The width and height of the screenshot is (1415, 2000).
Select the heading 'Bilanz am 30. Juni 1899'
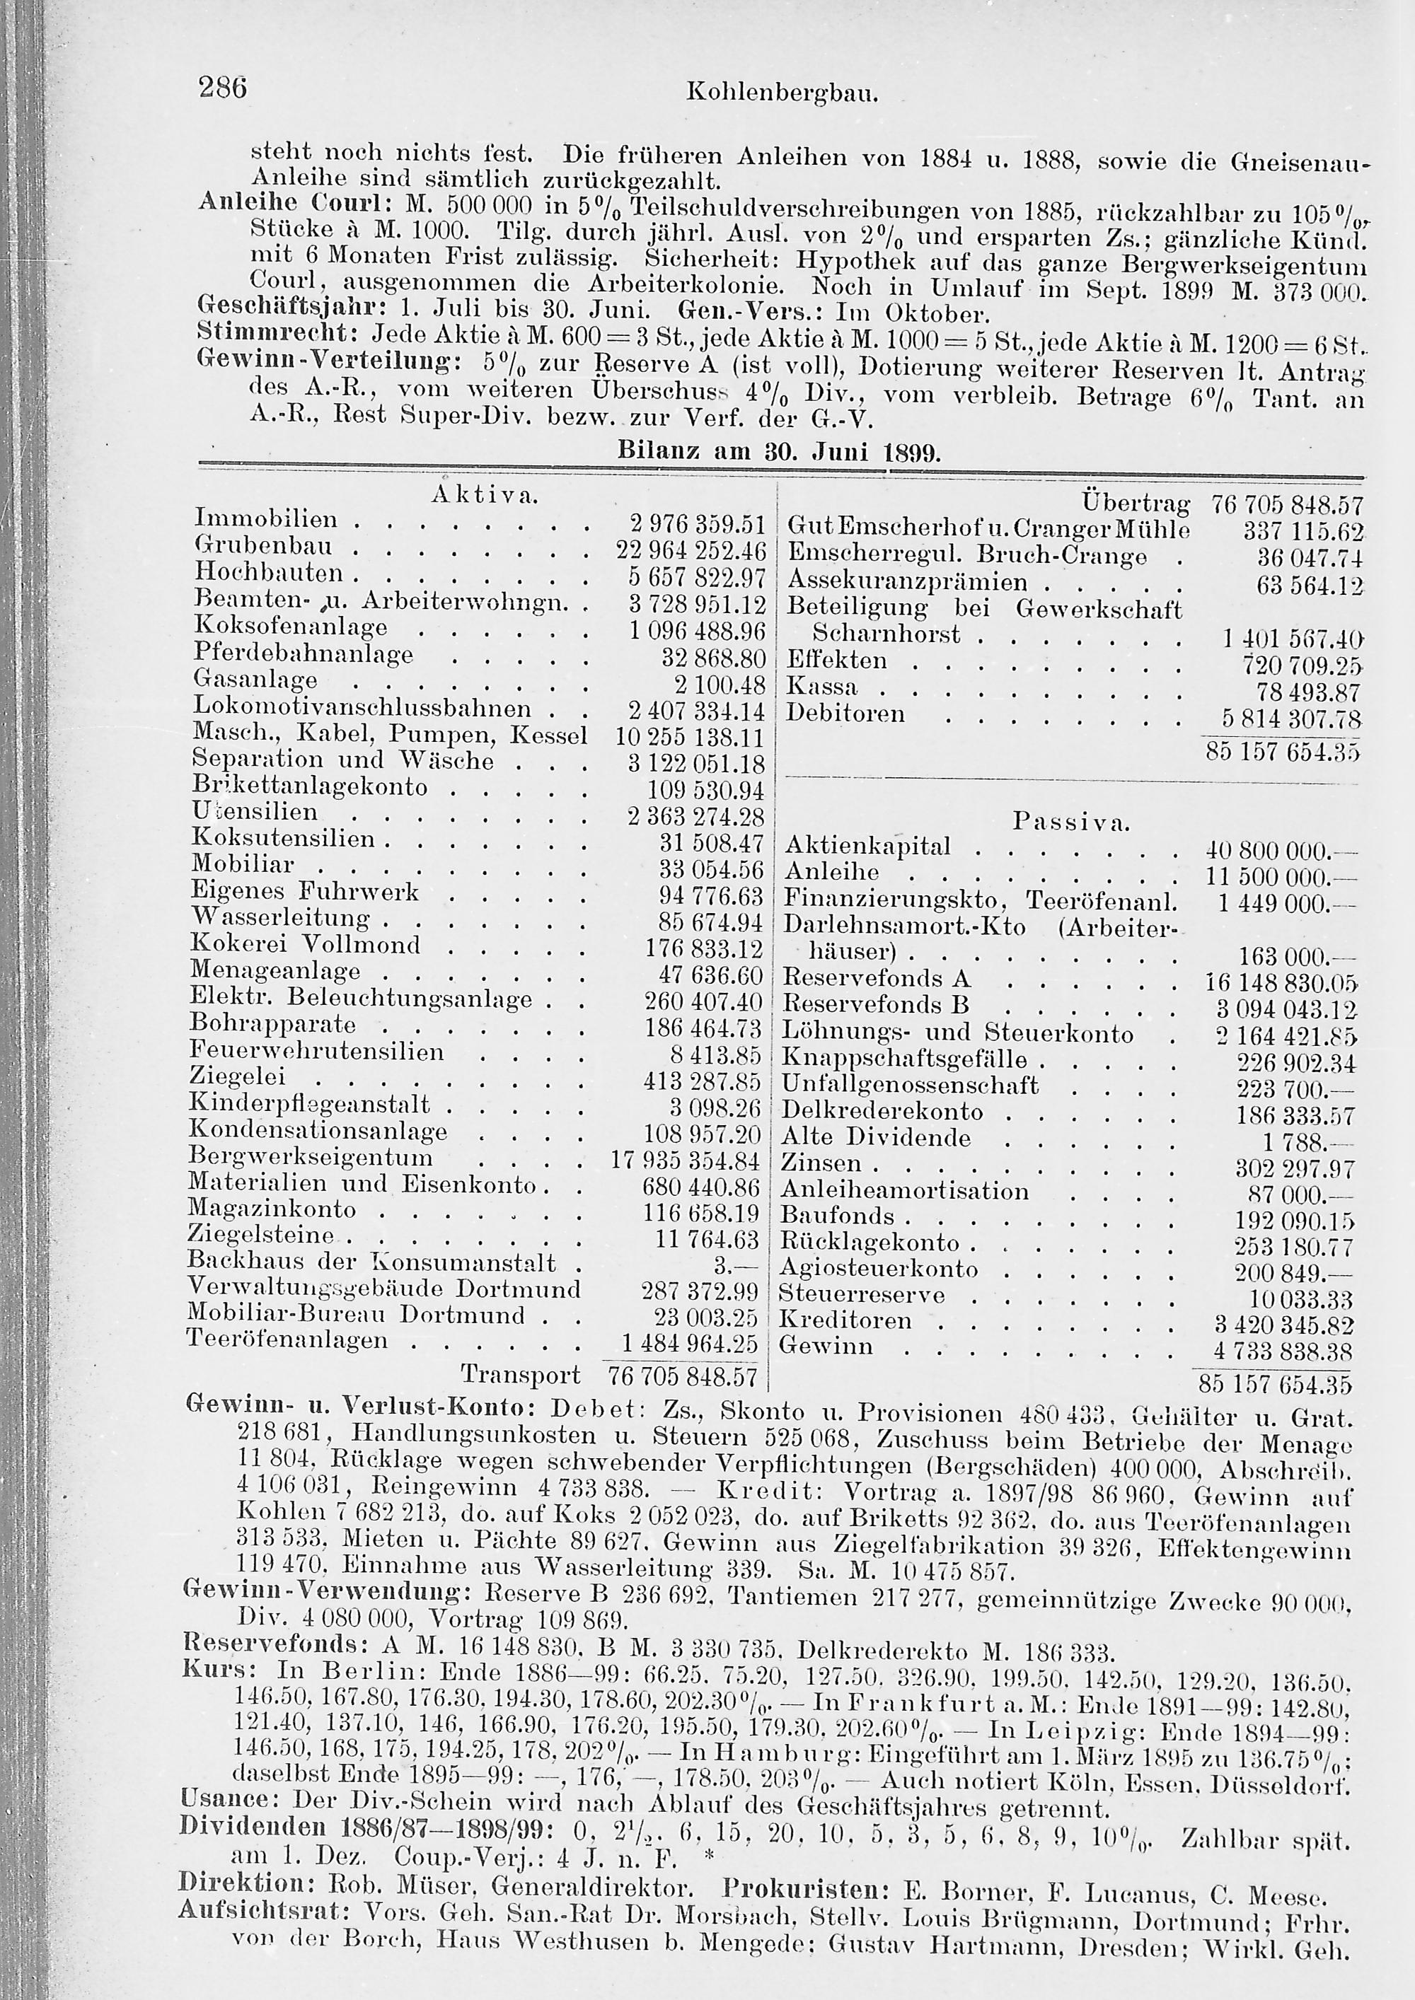click(x=779, y=452)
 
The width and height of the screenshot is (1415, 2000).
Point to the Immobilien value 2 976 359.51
click(x=696, y=523)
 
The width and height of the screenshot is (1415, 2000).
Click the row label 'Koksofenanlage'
click(x=291, y=627)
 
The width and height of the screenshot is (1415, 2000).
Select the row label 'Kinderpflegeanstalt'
click(x=309, y=1105)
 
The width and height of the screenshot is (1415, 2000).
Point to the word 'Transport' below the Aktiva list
click(x=520, y=1375)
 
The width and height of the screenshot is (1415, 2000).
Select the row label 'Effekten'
click(x=836, y=661)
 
